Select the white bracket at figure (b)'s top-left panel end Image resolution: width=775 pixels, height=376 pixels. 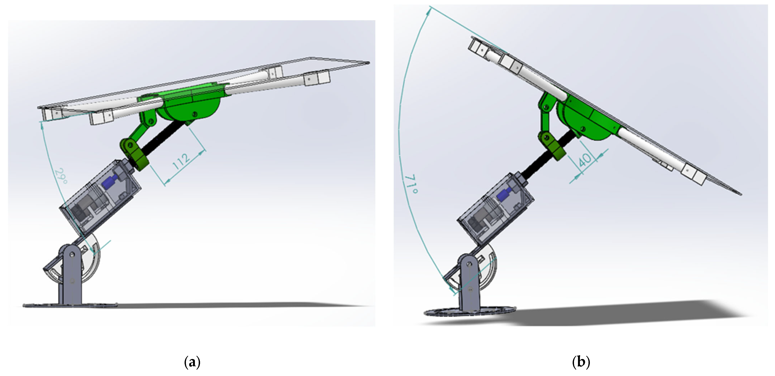coord(477,48)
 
